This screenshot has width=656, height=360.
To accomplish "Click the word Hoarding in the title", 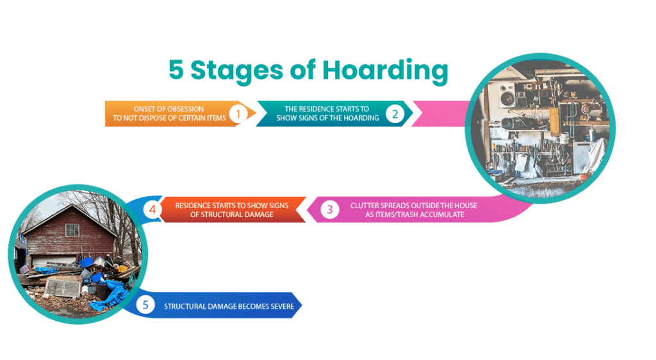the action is pyautogui.click(x=385, y=70).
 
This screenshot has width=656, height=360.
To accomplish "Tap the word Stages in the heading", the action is pyautogui.click(x=237, y=70).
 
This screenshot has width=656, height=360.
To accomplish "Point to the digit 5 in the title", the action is pyautogui.click(x=176, y=70).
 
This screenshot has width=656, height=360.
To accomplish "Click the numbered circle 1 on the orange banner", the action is pyautogui.click(x=238, y=113).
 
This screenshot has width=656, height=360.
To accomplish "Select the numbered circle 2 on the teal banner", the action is pyautogui.click(x=395, y=114).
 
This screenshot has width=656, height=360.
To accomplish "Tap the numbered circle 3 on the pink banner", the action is pyautogui.click(x=330, y=209).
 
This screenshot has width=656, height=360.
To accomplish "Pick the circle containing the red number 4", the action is pyautogui.click(x=152, y=209).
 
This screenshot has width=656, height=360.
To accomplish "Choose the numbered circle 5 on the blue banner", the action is pyautogui.click(x=145, y=305).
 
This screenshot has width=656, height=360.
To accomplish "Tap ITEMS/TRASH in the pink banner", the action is pyautogui.click(x=400, y=215).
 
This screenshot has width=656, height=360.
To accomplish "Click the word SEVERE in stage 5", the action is pyautogui.click(x=282, y=306).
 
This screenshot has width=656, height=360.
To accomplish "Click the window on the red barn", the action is pyautogui.click(x=72, y=231).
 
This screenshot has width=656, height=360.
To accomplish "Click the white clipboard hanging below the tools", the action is pyautogui.click(x=521, y=163).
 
